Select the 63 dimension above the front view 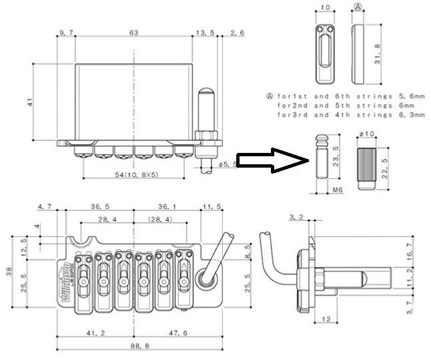(x=133, y=31)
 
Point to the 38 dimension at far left (x=9, y=271)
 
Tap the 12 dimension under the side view (x=327, y=319)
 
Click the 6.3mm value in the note (x=413, y=116)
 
